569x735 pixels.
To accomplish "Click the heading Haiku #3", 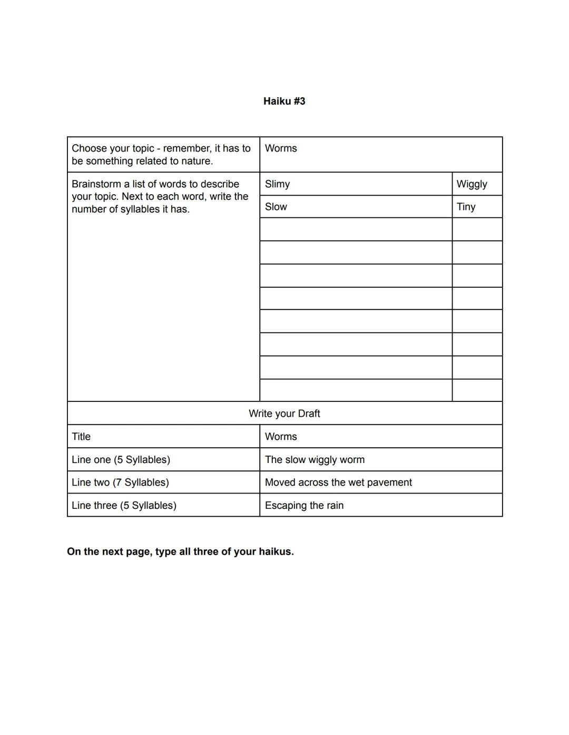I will (284, 101).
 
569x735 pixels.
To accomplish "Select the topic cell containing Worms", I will (281, 148).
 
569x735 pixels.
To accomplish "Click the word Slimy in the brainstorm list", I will (277, 184).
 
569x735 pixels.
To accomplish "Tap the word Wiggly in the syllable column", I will (472, 184).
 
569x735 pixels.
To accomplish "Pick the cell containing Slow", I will (276, 207).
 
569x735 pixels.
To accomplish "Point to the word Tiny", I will (466, 207).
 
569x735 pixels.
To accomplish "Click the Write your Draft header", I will (284, 414).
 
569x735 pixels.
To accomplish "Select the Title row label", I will (81, 437).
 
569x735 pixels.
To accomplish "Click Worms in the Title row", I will (281, 437).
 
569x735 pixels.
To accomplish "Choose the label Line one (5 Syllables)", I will (121, 460).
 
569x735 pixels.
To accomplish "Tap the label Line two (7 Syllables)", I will (120, 482).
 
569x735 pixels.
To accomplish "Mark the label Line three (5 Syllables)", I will (124, 506).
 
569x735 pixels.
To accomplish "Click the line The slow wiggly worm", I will (315, 460).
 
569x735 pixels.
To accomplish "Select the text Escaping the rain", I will (304, 506).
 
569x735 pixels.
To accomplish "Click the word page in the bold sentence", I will (138, 552).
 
